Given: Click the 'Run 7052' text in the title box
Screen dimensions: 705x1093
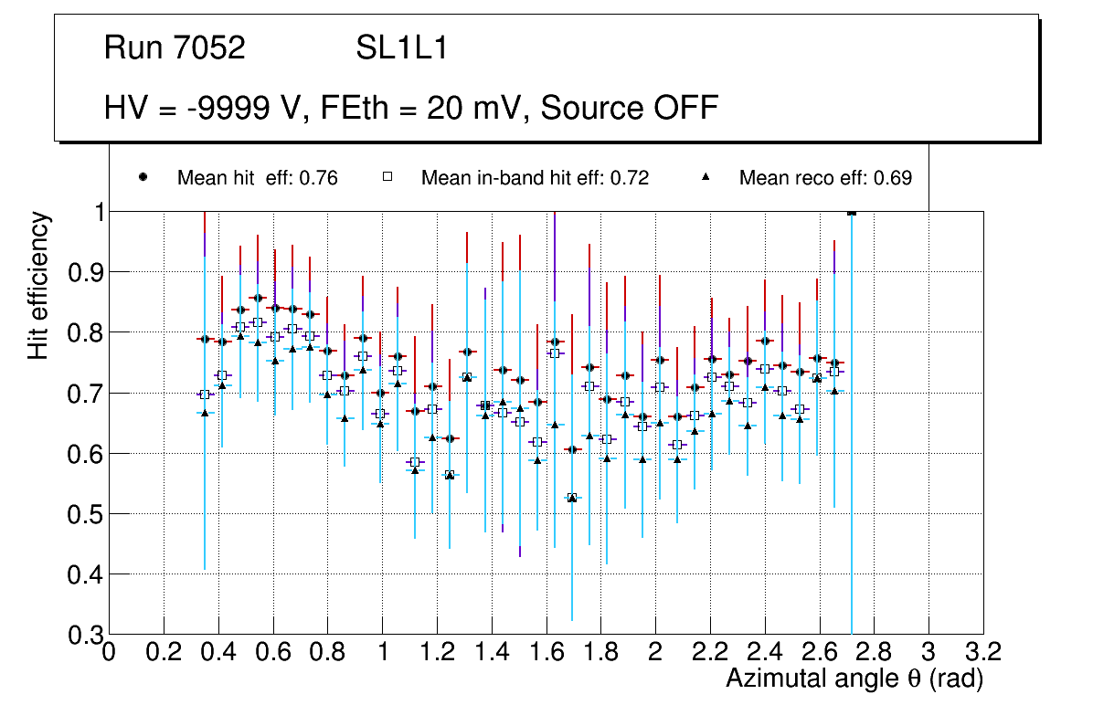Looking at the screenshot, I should point(175,48).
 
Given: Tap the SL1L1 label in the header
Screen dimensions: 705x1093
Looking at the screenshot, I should point(401,48).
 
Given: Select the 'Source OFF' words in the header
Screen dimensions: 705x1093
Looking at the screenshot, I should point(629,108).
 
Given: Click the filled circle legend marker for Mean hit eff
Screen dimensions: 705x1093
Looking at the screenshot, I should point(143,177).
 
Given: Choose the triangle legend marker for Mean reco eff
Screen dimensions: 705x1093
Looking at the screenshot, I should point(706,177).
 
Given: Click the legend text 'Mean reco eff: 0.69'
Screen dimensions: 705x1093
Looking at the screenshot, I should point(825,178).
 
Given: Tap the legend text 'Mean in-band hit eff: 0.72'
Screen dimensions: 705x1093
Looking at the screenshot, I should point(535,178).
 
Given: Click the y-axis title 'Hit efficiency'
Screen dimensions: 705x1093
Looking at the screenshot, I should point(39,285).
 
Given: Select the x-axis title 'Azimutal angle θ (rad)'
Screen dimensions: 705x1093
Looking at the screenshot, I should point(854,679).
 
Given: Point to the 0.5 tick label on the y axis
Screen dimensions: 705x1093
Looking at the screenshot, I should point(84,514).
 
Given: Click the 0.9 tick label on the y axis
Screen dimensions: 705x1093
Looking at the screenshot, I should point(84,273).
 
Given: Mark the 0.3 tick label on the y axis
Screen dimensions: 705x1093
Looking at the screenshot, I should point(84,635).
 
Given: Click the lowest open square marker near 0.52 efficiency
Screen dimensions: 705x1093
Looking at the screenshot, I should point(572,498).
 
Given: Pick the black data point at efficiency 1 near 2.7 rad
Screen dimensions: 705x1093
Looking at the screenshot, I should point(852,212).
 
